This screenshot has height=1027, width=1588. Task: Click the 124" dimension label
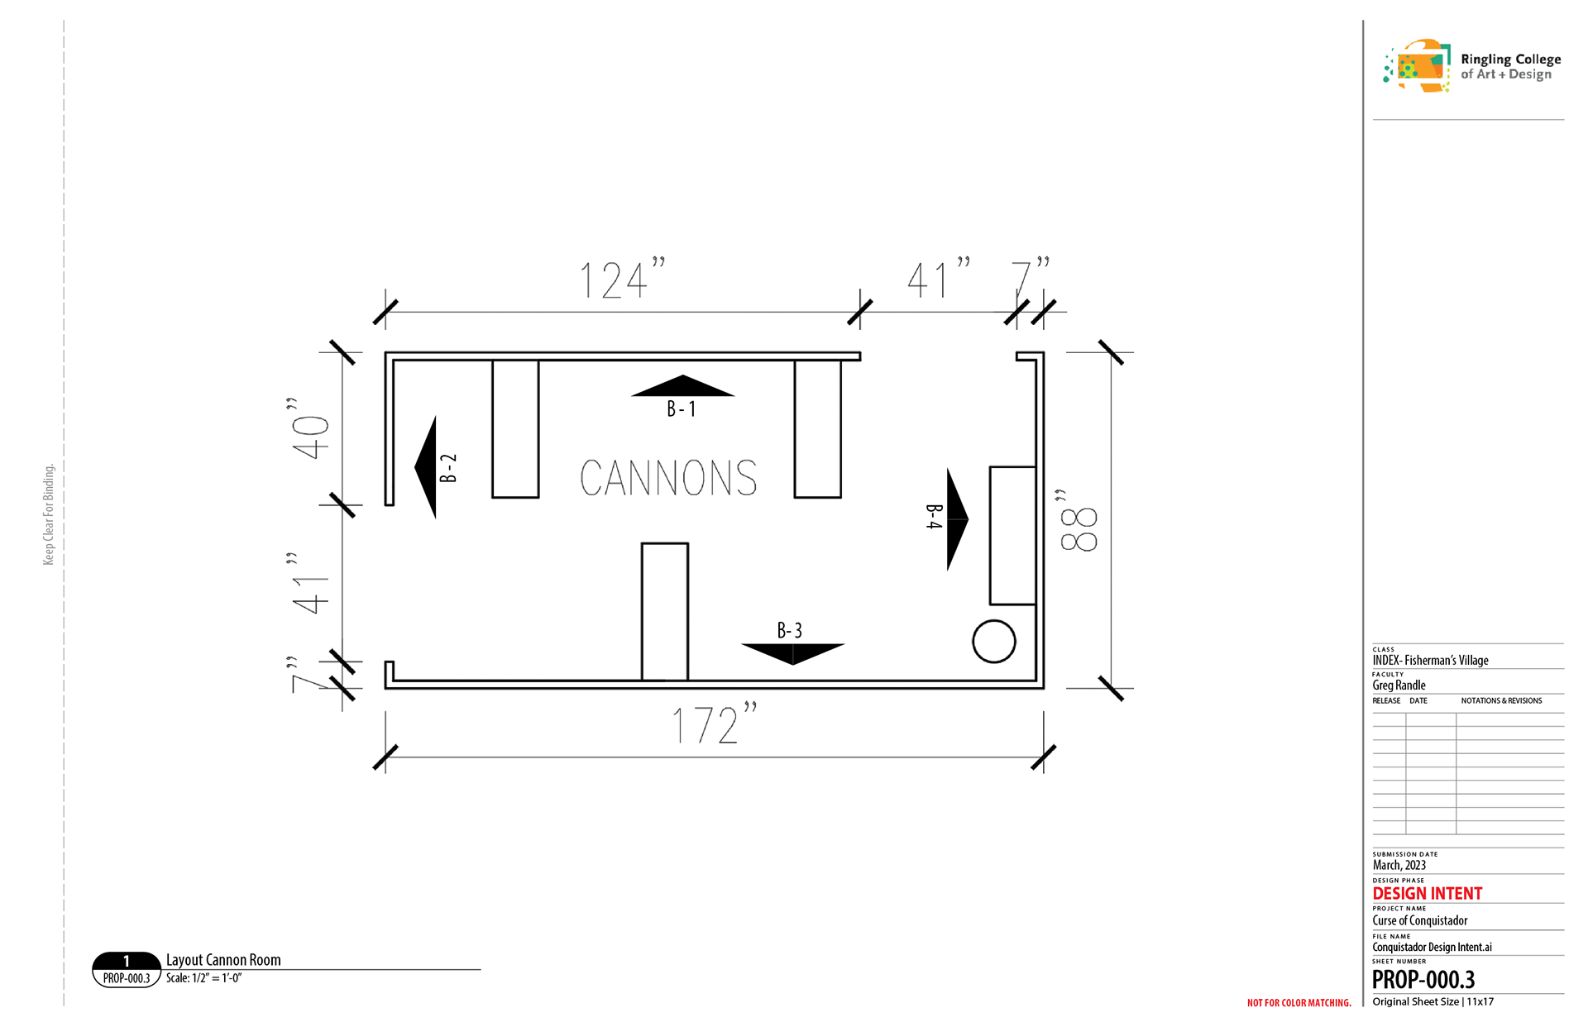pos(622,279)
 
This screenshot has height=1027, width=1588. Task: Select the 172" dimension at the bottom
pos(714,724)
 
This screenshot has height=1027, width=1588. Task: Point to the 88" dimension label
pos(1078,520)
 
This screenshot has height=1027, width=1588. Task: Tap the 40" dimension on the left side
pos(309,428)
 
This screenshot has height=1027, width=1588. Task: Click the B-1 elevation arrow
pos(682,386)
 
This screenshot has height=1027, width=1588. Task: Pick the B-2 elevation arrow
pos(425,467)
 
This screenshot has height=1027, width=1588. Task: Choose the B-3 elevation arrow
pos(792,654)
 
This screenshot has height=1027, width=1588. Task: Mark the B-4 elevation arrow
pos(957,519)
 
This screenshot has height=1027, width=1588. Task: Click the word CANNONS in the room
pos(668,478)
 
